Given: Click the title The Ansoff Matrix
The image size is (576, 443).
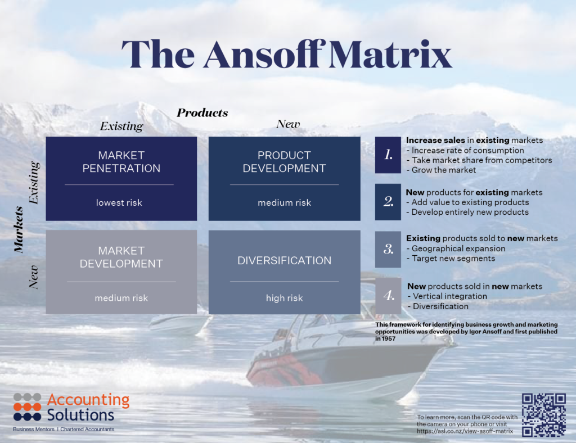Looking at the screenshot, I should pyautogui.click(x=287, y=55).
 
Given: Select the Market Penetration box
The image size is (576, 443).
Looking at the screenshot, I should pyautogui.click(x=121, y=178).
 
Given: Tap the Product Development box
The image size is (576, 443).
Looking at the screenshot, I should pyautogui.click(x=284, y=178).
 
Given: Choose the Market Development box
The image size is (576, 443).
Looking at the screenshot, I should pyautogui.click(x=121, y=272).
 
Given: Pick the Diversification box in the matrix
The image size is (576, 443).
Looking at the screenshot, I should pyautogui.click(x=284, y=272).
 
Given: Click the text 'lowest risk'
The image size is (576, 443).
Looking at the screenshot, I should pyautogui.click(x=119, y=202).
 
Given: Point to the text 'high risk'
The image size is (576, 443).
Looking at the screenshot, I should pyautogui.click(x=284, y=298).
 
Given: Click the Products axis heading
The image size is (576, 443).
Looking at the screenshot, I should pyautogui.click(x=202, y=113).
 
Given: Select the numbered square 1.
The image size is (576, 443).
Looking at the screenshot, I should pyautogui.click(x=388, y=155).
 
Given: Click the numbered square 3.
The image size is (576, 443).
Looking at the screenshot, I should pyautogui.click(x=388, y=248).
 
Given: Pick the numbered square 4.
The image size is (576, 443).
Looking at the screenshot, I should pyautogui.click(x=388, y=296).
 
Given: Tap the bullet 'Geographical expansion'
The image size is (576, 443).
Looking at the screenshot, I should pyautogui.click(x=458, y=248).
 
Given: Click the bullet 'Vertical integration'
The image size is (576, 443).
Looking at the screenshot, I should pyautogui.click(x=449, y=296).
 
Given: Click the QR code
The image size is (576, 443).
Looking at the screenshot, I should pyautogui.click(x=543, y=415).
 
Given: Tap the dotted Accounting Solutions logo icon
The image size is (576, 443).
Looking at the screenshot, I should pyautogui.click(x=27, y=406).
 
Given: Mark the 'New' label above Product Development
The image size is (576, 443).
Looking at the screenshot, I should pyautogui.click(x=288, y=124).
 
